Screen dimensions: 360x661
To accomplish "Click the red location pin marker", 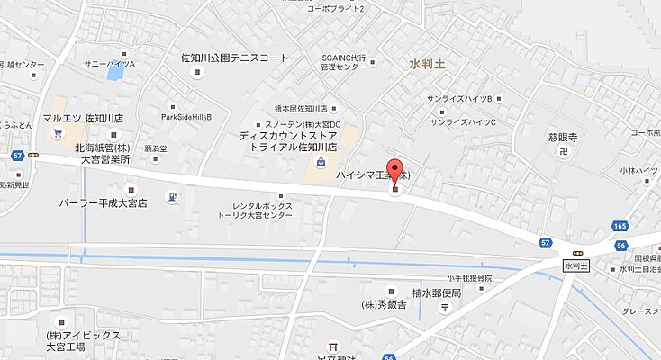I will click(394, 176).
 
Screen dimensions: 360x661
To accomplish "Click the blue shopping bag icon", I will click(321, 162).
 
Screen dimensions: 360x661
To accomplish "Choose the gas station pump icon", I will click(172, 196).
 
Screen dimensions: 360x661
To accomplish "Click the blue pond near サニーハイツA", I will click(114, 73).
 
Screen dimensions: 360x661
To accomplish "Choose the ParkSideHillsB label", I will click(186, 117).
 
